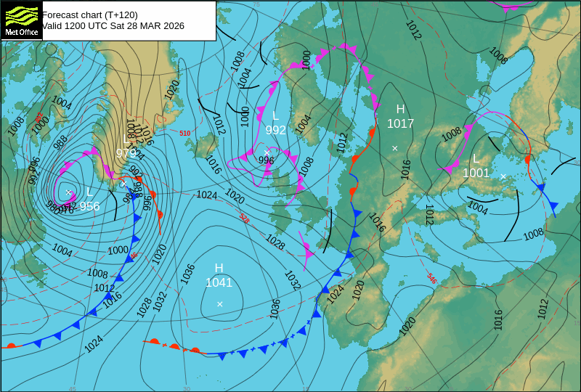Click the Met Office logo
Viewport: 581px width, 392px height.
pos(21,20)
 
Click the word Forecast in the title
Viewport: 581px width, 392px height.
pos(60,15)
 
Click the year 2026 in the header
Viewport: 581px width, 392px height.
pos(173,26)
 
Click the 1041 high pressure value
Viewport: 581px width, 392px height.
pos(219,283)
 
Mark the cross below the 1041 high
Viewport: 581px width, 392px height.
pos(220,304)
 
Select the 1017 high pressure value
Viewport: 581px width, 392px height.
pos(400,124)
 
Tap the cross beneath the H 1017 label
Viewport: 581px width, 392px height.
pos(395,148)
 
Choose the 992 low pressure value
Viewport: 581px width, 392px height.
pos(275,131)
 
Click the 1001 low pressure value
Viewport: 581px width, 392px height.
pos(476,173)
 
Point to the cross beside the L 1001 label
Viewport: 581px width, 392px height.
pos(503,176)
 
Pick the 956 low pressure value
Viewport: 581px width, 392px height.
pos(89,206)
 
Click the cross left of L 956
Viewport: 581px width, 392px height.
pos(69,192)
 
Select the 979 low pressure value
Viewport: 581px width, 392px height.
pos(126,153)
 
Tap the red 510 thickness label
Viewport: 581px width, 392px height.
pos(185,134)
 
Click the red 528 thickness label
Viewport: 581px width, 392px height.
pos(244,219)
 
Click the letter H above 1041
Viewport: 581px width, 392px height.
pos(219,269)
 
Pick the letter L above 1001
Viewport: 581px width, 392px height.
pos(476,159)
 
